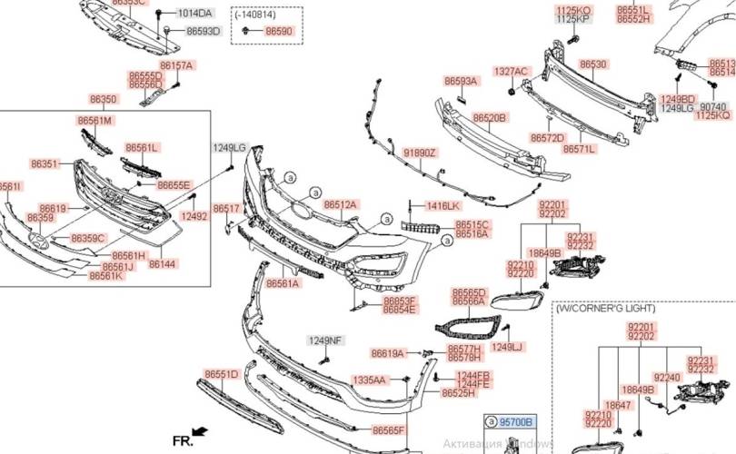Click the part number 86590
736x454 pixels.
[279, 31]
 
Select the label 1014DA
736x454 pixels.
[194, 14]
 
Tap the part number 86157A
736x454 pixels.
[176, 66]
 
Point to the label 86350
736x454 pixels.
[103, 99]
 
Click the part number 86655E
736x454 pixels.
[174, 185]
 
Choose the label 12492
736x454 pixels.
[194, 217]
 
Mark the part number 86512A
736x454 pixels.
[341, 205]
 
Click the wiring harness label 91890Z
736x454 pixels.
[420, 153]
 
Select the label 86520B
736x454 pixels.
[490, 118]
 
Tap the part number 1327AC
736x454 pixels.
[511, 71]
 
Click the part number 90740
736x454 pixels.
[711, 107]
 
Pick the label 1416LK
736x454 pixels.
[443, 206]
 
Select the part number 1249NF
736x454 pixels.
[324, 340]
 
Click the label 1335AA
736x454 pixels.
[370, 380]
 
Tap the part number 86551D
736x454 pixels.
[221, 374]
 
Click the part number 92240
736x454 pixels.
[668, 377]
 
